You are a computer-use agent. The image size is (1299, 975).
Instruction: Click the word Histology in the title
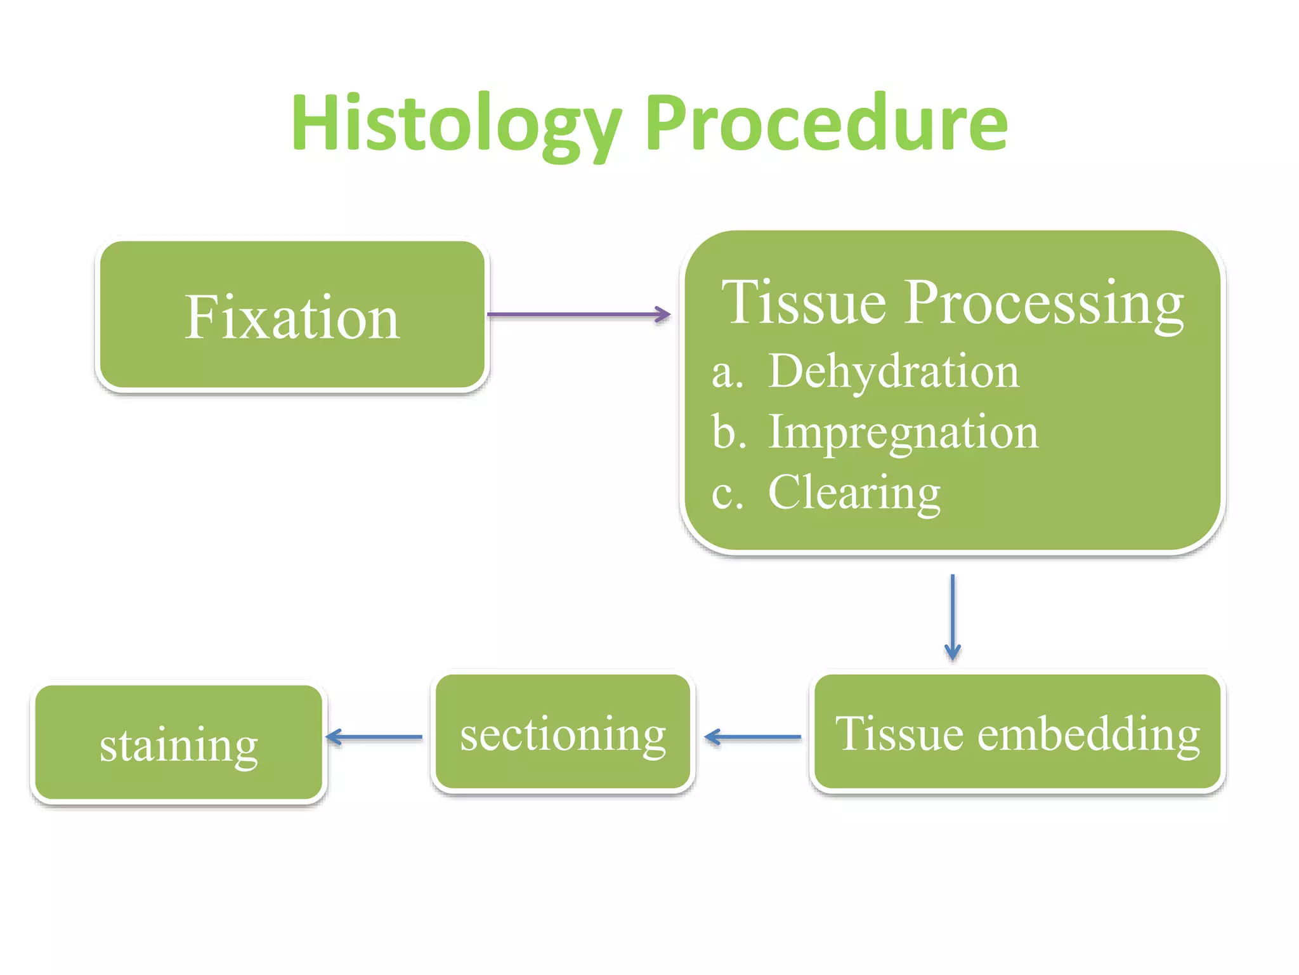pyautogui.click(x=455, y=123)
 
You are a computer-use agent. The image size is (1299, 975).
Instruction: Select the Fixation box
pyautogui.click(x=292, y=315)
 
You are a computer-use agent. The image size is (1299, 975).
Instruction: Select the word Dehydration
pyautogui.click(x=893, y=371)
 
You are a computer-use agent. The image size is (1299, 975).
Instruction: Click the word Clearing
pyautogui.click(x=854, y=493)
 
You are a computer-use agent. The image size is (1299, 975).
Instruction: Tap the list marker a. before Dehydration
pyautogui.click(x=727, y=373)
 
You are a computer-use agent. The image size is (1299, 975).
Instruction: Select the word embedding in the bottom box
pyautogui.click(x=1088, y=735)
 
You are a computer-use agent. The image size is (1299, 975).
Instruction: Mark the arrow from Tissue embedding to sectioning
pyautogui.click(x=753, y=737)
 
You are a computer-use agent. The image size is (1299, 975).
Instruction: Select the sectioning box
pyautogui.click(x=563, y=733)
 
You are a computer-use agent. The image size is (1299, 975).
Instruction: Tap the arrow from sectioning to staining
pyautogui.click(x=374, y=737)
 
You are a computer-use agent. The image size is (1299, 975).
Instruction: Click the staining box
pyautogui.click(x=178, y=743)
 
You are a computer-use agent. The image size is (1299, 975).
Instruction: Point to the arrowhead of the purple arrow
pyautogui.click(x=664, y=314)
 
